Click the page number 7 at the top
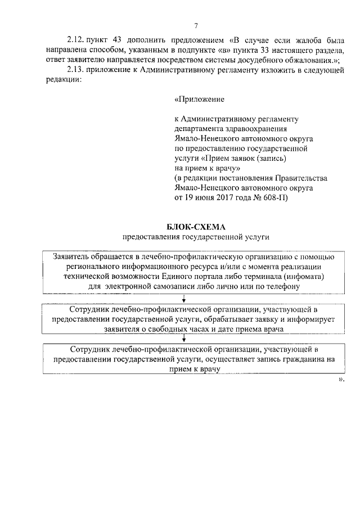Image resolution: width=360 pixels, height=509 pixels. pos(195,26)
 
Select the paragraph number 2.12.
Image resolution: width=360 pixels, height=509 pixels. pos(74,40)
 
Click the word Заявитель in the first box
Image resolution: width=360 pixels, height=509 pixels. pos(70,256)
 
